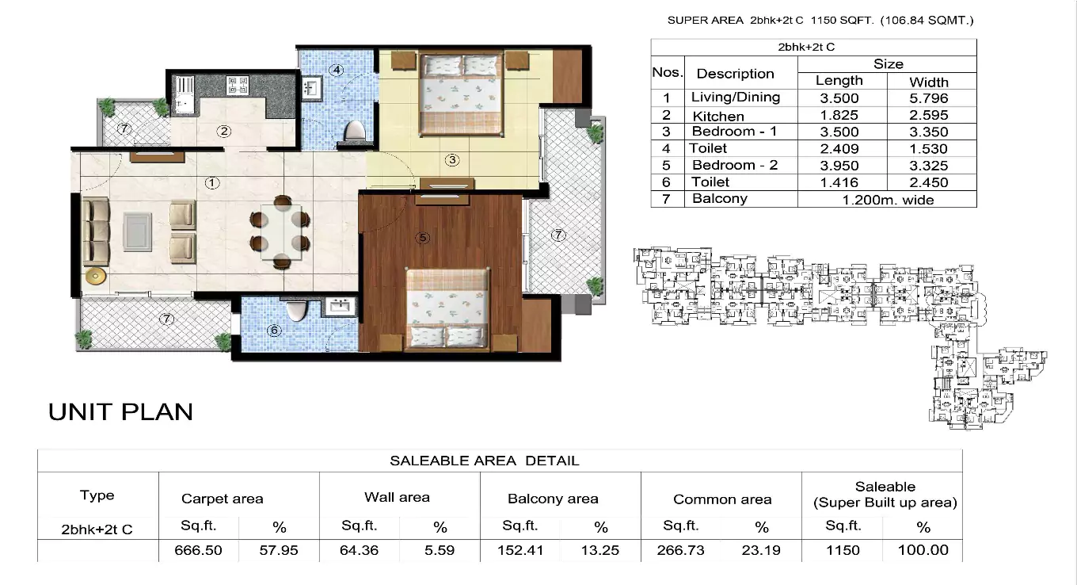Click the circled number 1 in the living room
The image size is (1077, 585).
[211, 183]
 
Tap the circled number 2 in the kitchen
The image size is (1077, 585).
[225, 132]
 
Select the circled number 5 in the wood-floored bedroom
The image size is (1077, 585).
[424, 237]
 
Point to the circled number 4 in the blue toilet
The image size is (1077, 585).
[337, 70]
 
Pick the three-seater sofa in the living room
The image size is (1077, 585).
[97, 231]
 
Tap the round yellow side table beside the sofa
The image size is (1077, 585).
[96, 277]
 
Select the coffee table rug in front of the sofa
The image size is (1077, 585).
[138, 231]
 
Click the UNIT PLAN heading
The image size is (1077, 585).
[120, 412]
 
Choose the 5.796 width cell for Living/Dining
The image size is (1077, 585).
[929, 98]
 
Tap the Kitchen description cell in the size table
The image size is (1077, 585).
[718, 116]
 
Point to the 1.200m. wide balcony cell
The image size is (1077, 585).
[886, 200]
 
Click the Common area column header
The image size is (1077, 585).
[721, 499]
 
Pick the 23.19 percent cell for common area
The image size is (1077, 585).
[761, 550]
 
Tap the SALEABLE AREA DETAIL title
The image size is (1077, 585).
[484, 461]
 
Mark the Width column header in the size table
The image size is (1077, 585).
[929, 82]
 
